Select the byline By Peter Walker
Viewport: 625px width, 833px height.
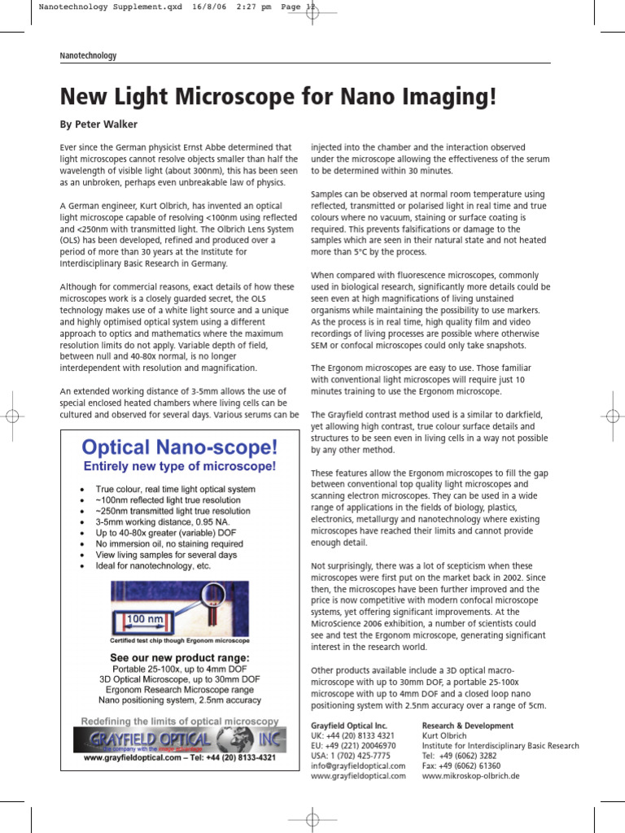point(98,124)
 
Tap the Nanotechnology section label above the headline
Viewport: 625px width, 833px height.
point(89,55)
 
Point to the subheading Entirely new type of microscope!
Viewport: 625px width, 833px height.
point(180,466)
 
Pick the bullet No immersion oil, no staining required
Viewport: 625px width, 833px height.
point(169,543)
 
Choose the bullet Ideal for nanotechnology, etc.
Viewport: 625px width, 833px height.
point(153,565)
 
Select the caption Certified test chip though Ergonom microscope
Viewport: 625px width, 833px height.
point(180,640)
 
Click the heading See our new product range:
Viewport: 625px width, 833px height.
point(180,657)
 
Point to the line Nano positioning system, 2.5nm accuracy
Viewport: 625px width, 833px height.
point(180,700)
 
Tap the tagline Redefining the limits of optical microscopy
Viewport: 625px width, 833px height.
point(180,721)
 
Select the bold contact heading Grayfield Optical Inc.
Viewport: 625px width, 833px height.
point(349,724)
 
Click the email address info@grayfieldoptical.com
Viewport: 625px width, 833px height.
point(358,765)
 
